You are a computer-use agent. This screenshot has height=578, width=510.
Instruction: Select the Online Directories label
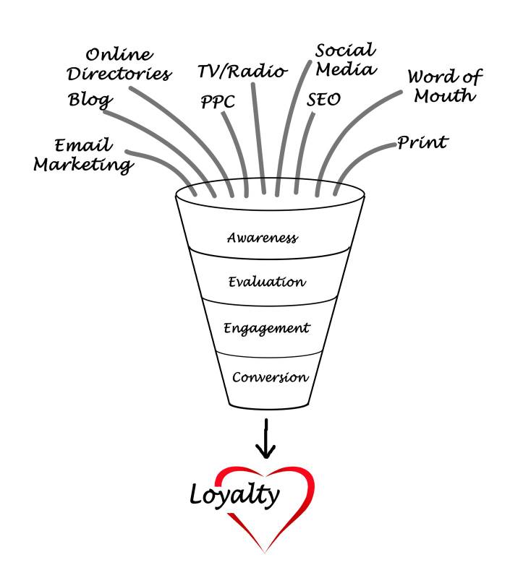[x=127, y=64]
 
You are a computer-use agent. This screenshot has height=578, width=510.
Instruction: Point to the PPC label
[x=218, y=101]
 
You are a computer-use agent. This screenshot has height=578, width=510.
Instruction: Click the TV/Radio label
[x=242, y=72]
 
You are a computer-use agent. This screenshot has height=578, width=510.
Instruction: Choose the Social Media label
[x=346, y=60]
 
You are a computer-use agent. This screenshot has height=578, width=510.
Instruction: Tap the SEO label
[x=323, y=99]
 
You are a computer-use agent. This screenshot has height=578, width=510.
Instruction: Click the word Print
[x=422, y=142]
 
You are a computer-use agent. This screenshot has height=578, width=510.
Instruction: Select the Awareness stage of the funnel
[x=262, y=237]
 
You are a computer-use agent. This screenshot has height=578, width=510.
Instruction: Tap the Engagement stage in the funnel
[x=266, y=328]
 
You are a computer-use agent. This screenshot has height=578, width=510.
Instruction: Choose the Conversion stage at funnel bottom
[x=270, y=376]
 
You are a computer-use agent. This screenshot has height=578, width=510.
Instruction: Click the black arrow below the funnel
[x=267, y=438]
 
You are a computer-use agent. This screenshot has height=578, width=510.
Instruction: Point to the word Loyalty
[x=234, y=494]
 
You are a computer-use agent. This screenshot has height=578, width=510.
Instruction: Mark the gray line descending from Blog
[x=166, y=137]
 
